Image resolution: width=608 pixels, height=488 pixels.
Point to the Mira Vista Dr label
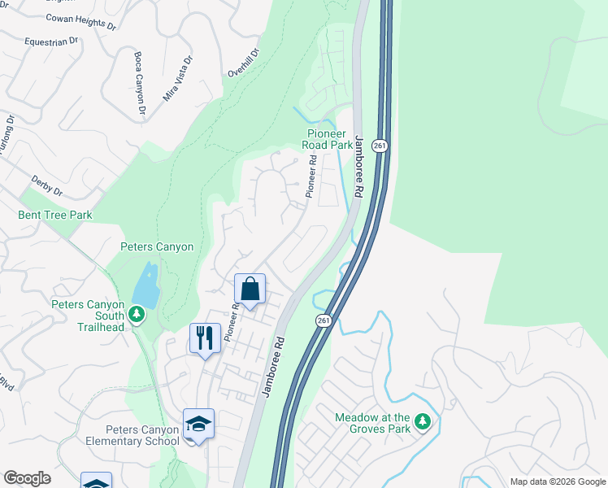click(179, 78)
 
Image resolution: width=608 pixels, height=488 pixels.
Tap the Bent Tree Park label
click(55, 216)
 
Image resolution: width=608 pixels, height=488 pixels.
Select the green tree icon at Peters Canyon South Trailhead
click(137, 314)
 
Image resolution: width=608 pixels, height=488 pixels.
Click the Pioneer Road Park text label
click(329, 139)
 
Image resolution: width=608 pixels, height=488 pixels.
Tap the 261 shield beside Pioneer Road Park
click(380, 145)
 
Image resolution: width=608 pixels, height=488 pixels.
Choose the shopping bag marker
click(250, 290)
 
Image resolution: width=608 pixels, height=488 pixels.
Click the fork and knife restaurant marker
click(205, 338)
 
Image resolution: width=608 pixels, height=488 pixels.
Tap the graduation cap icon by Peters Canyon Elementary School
click(198, 425)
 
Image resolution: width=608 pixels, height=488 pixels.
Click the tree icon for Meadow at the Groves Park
click(422, 420)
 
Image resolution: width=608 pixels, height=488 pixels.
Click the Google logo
click(27, 478)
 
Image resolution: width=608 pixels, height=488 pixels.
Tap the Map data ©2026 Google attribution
click(557, 481)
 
